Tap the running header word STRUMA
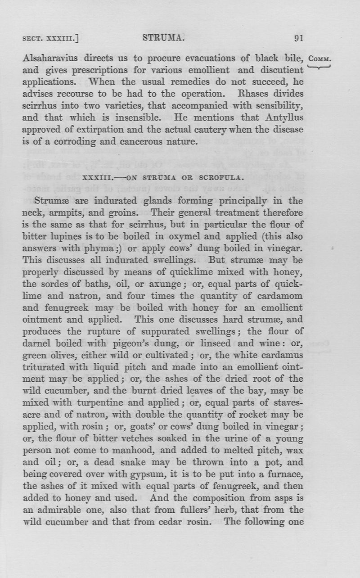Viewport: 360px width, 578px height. tap(163, 38)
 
